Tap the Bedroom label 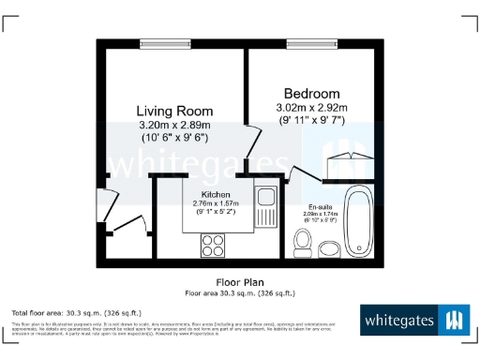point(311,94)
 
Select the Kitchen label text point(215,194)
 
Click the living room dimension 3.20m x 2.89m point(173,124)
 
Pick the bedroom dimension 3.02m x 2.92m point(311,108)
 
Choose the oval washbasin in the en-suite point(328,248)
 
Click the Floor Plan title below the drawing point(240,281)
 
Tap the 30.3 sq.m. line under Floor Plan point(240,292)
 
